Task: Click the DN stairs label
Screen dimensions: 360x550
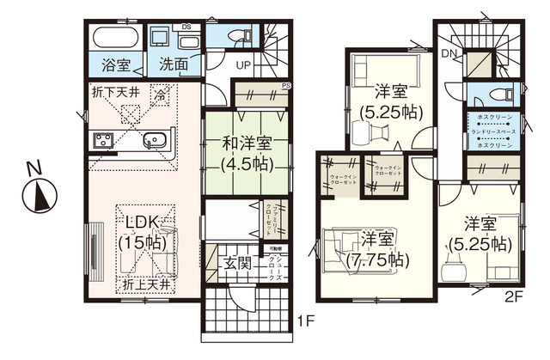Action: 448,54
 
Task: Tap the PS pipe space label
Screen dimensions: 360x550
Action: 286,86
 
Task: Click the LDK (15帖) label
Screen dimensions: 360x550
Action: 144,232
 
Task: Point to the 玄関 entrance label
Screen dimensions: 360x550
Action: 237,264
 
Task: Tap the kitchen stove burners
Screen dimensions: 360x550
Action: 101,142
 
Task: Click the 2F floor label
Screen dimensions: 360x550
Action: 513,297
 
